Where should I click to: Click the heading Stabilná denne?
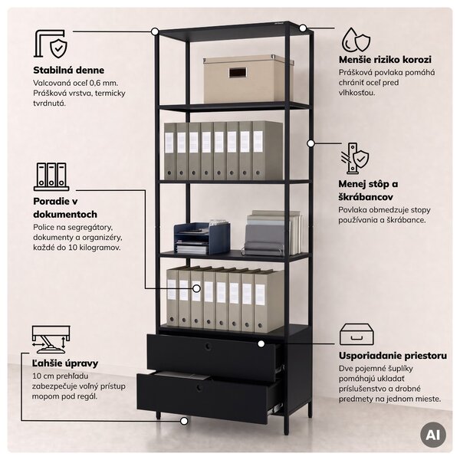[69, 71]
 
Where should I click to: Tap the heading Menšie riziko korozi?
[385, 60]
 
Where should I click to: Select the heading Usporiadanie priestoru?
[393, 356]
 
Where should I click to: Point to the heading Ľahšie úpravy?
[65, 363]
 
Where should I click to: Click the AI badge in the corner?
[433, 435]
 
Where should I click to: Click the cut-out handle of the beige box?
[238, 74]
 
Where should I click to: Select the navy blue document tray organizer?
[202, 238]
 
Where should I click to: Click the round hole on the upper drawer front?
[208, 347]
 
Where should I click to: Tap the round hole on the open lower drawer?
[199, 388]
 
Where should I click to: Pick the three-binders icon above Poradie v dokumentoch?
[51, 176]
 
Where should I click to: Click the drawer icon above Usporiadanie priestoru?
[356, 334]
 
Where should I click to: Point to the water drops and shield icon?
[356, 40]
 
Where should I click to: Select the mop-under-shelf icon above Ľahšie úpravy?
[51, 339]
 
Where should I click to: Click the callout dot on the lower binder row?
[196, 289]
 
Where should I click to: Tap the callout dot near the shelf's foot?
[184, 421]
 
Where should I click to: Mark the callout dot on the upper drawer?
[261, 343]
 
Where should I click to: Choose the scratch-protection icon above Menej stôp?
[355, 159]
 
